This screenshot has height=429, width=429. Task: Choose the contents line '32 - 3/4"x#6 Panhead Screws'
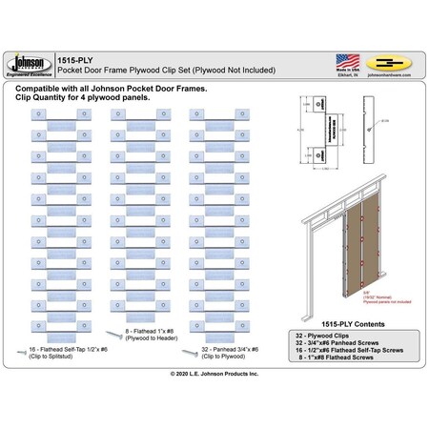click(x=333, y=344)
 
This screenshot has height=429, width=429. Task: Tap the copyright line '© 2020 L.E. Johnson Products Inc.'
click(x=214, y=376)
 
